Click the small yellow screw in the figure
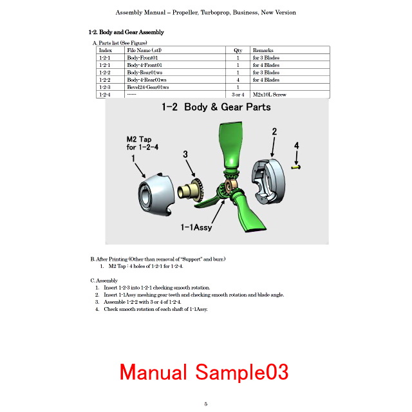(296, 167)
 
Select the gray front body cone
(156, 194)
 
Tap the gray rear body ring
(268, 182)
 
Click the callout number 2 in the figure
(274, 131)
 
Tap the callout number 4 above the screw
(296, 145)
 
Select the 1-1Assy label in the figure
(196, 227)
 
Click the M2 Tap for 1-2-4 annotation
(142, 143)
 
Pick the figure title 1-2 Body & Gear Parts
(216, 107)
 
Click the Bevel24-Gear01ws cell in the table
(148, 88)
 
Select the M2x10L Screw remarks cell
(269, 95)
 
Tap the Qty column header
(238, 50)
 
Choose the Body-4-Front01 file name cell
(144, 65)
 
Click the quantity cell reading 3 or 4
(238, 95)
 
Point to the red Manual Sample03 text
(204, 372)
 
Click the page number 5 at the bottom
(206, 404)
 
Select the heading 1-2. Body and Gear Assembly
(126, 32)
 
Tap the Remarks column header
(263, 50)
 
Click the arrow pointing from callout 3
(191, 168)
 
